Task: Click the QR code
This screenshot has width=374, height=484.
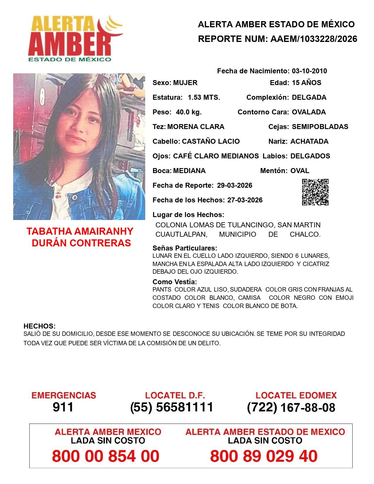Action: click(315, 192)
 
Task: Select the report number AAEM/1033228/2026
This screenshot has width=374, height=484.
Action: click(314, 39)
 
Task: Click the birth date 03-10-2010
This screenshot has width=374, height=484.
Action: click(309, 71)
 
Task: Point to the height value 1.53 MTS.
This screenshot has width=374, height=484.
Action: click(204, 97)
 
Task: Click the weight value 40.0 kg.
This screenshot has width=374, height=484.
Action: click(189, 112)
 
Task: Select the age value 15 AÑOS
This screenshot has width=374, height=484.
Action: click(307, 83)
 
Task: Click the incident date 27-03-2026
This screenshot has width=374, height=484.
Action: click(245, 200)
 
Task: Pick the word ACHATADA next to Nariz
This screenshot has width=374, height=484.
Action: click(309, 141)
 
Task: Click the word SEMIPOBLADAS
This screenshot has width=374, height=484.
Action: click(320, 127)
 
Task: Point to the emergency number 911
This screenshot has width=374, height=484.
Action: click(63, 407)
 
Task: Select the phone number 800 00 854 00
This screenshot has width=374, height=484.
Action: click(106, 456)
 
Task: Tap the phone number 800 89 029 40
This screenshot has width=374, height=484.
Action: click(264, 456)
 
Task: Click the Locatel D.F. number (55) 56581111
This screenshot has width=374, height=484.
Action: click(172, 407)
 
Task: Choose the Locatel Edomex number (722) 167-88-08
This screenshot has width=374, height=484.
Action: click(291, 407)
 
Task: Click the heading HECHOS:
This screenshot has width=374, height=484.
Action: click(39, 326)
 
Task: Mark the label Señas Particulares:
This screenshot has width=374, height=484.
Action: click(185, 248)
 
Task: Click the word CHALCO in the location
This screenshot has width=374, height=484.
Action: click(305, 234)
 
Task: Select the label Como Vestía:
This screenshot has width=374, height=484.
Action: click(175, 282)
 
